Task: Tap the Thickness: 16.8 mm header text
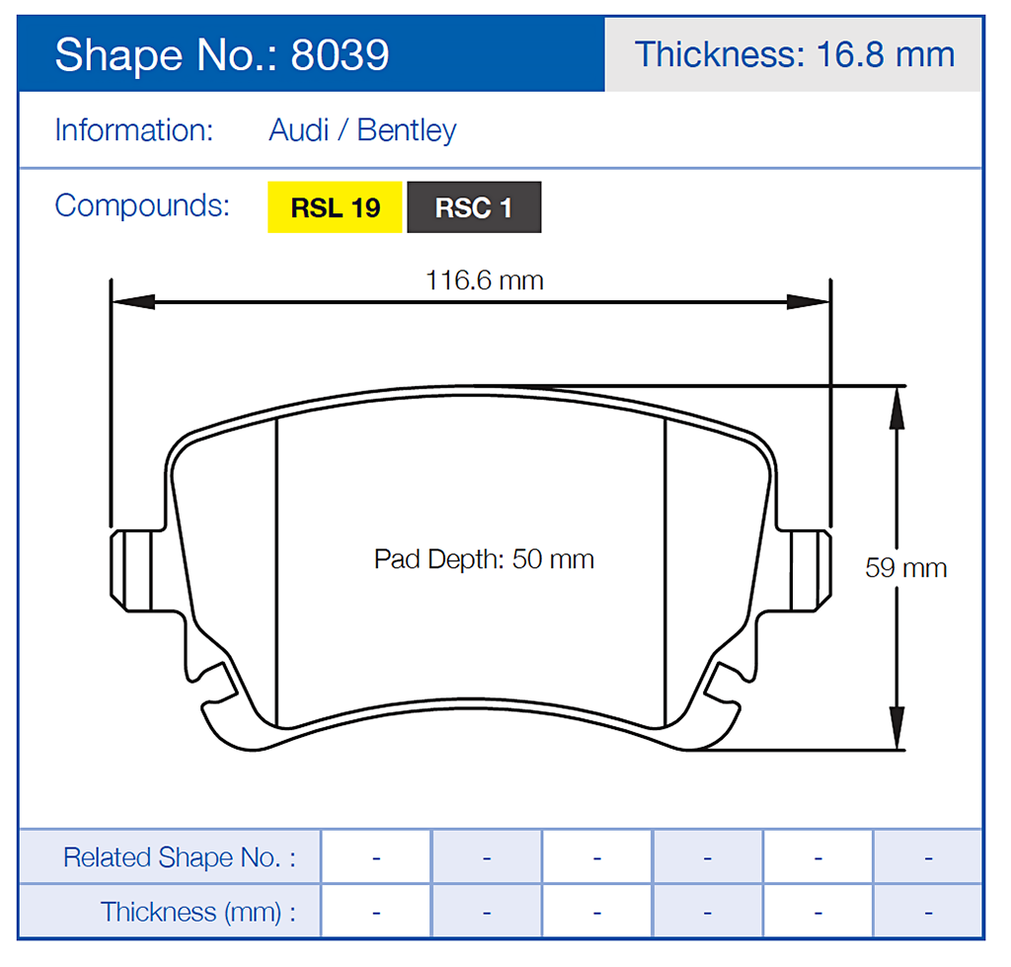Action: click(794, 53)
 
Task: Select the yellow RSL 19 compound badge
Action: click(336, 207)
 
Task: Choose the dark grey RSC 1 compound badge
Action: click(474, 207)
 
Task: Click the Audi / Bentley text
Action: click(362, 130)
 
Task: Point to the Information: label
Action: click(134, 130)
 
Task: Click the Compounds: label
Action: click(142, 205)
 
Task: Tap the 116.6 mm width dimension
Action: click(484, 280)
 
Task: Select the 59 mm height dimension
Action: click(905, 568)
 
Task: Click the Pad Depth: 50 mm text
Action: click(484, 559)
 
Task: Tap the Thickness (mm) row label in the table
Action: click(197, 911)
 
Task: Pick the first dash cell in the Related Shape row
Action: click(376, 856)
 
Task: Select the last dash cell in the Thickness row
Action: click(928, 911)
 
